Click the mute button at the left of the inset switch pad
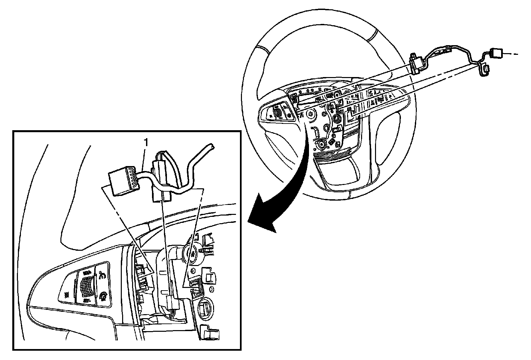tap(66, 294)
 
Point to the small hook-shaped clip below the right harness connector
tap(485, 69)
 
